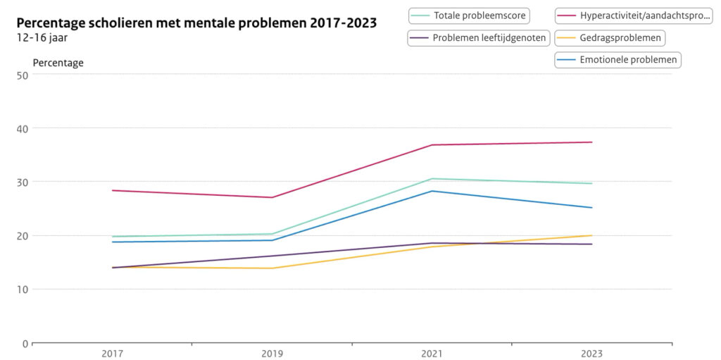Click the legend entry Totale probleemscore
tap(470, 15)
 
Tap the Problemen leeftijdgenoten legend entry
tap(479, 38)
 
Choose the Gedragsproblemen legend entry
tap(610, 38)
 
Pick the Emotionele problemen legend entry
tap(617, 60)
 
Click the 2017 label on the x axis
tap(113, 354)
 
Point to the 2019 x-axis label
tap(272, 354)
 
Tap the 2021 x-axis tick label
tap(432, 354)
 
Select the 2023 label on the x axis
tap(591, 354)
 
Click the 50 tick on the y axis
tap(20, 75)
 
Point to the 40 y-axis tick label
tap(20, 128)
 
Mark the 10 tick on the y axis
tap(20, 290)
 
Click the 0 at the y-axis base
tap(23, 343)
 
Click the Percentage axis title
tap(58, 63)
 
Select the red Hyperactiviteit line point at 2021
tap(432, 145)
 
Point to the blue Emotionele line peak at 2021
tap(432, 191)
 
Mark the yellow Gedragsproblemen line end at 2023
tap(591, 235)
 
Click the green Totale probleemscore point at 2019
tap(272, 234)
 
